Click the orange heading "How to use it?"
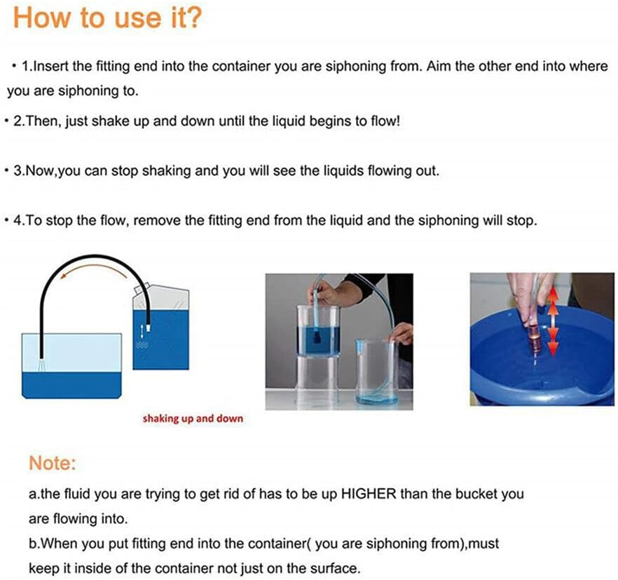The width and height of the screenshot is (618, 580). click(x=108, y=18)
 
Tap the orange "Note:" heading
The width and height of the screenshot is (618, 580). click(x=52, y=463)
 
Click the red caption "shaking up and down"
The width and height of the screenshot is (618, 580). click(x=193, y=419)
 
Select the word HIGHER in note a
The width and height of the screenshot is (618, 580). click(x=368, y=494)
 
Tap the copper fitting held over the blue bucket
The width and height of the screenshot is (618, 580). click(x=533, y=336)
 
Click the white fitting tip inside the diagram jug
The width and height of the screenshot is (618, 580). click(x=149, y=328)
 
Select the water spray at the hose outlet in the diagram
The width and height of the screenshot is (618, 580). click(x=41, y=365)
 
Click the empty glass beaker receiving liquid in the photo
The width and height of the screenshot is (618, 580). click(x=376, y=372)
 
